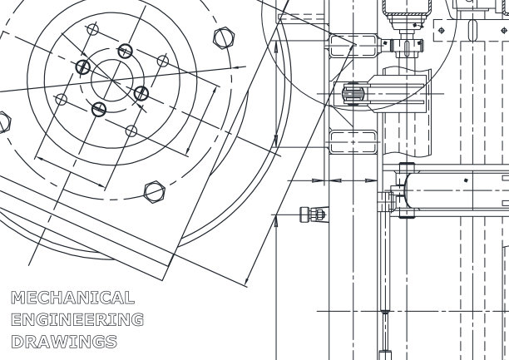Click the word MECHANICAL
coord(72,298)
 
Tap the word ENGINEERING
coord(77,319)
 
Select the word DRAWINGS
coord(64,342)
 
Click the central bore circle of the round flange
coord(112,80)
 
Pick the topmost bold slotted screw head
coord(125,51)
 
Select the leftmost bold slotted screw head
coord(83,67)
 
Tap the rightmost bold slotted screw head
coord(141,93)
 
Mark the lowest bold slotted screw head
coord(99,110)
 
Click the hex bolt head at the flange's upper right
coord(224,38)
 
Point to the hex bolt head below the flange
coord(155,192)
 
